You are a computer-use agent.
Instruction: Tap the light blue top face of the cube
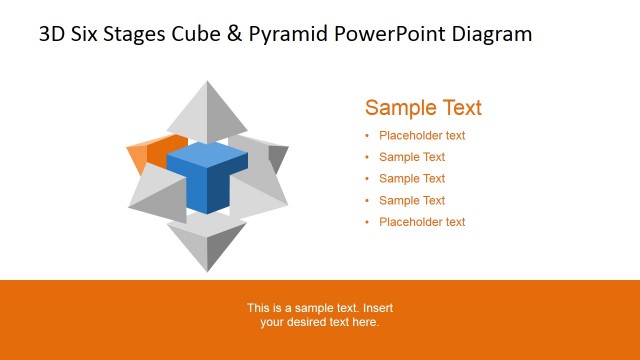point(207,155)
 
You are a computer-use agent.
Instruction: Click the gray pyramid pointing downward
point(207,243)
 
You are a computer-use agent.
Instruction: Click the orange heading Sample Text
point(423,108)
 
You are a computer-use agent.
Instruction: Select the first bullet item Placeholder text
point(422,136)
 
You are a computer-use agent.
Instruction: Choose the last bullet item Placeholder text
point(422,222)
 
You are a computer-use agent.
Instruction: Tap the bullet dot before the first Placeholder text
point(367,136)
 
